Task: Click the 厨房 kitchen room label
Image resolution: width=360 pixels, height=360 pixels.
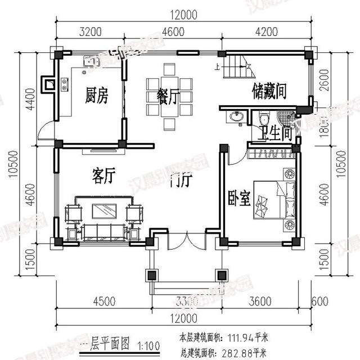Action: click(x=96, y=96)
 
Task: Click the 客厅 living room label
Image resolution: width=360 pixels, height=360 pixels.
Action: click(x=103, y=176)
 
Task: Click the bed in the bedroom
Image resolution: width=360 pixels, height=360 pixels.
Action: click(x=273, y=199)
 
